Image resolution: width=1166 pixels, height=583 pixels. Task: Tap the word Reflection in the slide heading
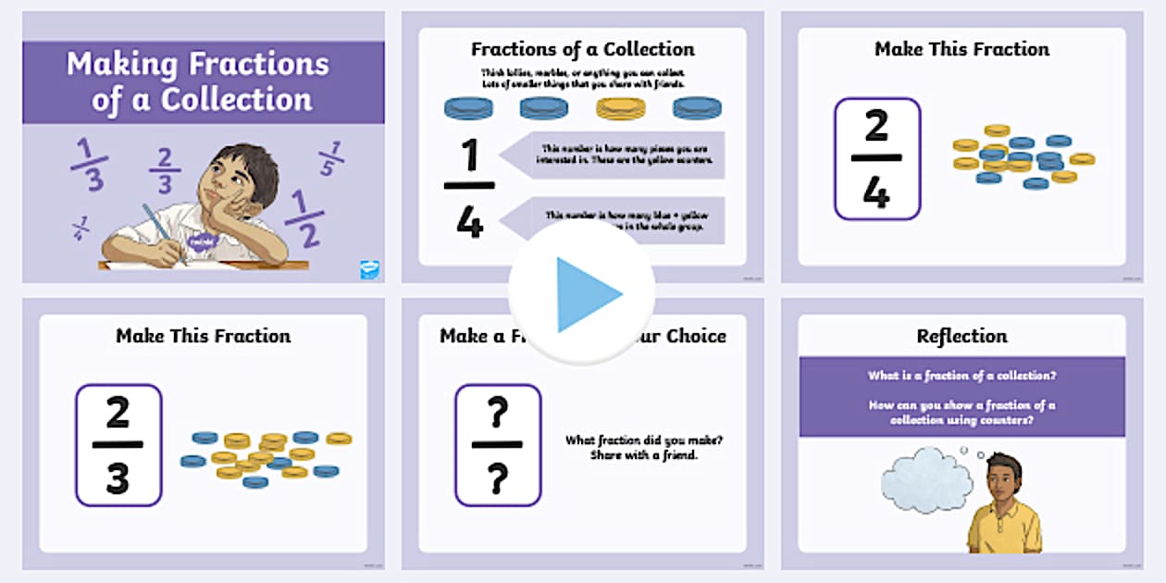point(961,336)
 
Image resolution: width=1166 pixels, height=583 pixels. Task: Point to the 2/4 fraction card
point(876,159)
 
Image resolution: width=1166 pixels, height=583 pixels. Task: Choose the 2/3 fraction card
point(118,445)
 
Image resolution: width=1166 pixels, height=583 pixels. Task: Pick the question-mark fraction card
point(498,445)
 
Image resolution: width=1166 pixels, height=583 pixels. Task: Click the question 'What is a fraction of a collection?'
point(961,376)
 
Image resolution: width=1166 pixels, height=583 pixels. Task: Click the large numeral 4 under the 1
point(470,221)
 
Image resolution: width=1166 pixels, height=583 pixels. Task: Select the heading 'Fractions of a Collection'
point(582,49)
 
